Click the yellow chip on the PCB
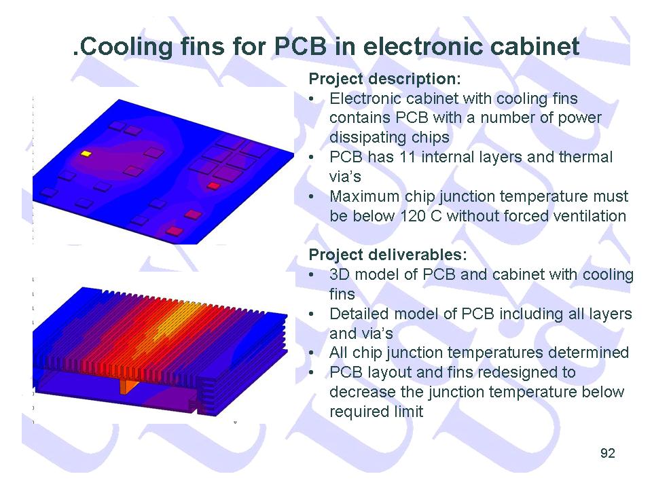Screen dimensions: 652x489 (86, 154)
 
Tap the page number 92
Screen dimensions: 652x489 (607, 453)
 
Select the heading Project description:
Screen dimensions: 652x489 (384, 79)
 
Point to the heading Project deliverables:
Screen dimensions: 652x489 (388, 255)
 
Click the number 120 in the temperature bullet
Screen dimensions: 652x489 (414, 216)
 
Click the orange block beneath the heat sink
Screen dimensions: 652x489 (128, 386)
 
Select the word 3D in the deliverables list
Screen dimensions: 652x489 (340, 275)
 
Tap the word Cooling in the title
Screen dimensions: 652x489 (125, 47)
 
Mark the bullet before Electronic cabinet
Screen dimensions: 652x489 (312, 99)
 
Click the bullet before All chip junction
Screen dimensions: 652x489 (312, 353)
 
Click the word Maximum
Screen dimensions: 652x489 (364, 196)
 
